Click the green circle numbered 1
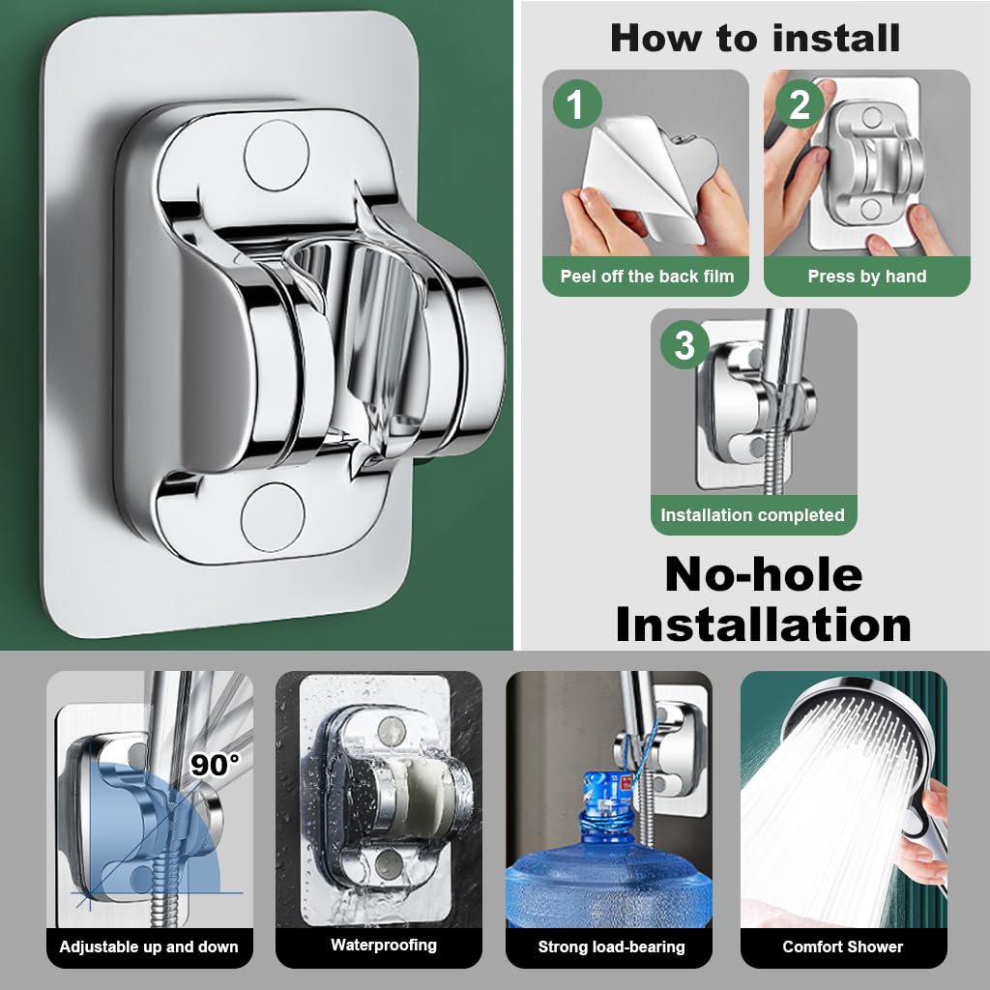pos(576,104)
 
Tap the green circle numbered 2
pos(799,104)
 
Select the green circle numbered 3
pos(684,345)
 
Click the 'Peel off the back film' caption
pos(647,277)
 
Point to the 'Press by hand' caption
pos(867,277)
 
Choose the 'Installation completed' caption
pos(753,515)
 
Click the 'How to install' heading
pos(755,38)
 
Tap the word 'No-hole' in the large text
pos(763,575)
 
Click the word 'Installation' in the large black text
pos(763,625)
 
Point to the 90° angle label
pos(214,765)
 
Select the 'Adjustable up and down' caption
pos(149,946)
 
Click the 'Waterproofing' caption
pos(384,945)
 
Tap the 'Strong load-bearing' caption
pos(611,946)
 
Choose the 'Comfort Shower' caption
pos(843,946)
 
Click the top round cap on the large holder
pos(275,155)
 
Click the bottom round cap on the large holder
pos(273,515)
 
